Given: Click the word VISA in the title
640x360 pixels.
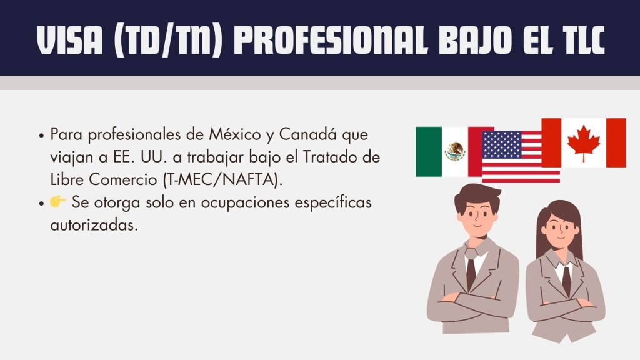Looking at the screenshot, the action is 69,41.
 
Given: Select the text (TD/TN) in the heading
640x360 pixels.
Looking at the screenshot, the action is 168,41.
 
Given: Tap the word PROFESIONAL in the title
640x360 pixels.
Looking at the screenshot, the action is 331,41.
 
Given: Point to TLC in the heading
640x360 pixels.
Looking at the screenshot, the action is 583,41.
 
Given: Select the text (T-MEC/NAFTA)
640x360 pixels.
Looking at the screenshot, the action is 222,179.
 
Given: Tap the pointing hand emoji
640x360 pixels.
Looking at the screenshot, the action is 58,202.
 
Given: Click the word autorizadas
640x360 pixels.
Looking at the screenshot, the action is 94,225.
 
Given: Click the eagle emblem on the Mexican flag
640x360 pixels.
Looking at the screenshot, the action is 455,151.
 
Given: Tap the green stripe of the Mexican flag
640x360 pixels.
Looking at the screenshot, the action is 429,152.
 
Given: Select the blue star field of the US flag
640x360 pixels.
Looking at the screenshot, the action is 502,145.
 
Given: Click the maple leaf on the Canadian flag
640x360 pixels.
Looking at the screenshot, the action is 584,143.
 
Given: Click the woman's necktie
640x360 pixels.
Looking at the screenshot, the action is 566,281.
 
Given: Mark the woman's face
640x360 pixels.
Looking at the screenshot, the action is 561,229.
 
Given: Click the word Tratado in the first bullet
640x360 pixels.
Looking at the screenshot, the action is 329,157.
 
